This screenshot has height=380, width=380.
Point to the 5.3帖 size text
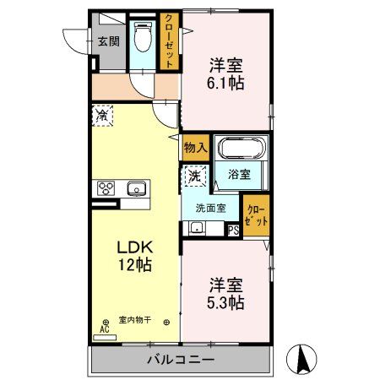click(x=225, y=294)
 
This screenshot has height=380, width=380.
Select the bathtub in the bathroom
click(x=242, y=151)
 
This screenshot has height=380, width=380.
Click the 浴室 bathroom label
click(x=239, y=176)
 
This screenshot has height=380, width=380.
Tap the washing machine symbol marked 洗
click(x=193, y=176)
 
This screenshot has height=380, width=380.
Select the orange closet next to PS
click(x=256, y=214)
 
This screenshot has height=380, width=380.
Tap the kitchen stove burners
click(x=107, y=187)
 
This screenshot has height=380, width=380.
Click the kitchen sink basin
click(x=135, y=188)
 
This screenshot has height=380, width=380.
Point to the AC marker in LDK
click(x=106, y=326)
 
